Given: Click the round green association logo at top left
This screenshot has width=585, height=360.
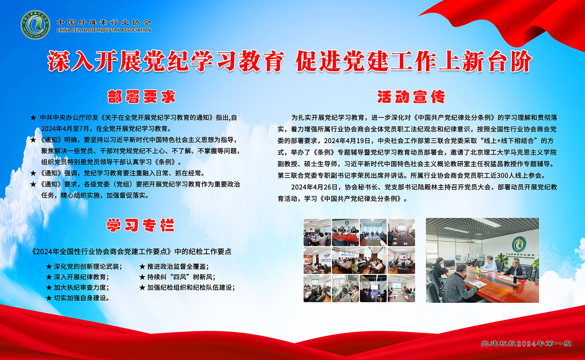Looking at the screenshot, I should (x=35, y=25).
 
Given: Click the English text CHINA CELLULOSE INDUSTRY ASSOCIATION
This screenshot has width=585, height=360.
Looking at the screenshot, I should (x=104, y=30).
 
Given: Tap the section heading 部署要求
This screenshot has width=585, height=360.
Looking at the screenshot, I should (x=141, y=97).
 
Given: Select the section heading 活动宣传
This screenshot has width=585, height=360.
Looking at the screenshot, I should (x=411, y=97).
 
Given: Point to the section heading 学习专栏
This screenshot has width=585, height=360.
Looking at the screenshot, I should (x=140, y=225).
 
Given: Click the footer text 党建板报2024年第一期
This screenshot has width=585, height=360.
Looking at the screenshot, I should (x=526, y=343).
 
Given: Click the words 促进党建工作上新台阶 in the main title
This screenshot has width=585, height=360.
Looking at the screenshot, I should (x=414, y=61).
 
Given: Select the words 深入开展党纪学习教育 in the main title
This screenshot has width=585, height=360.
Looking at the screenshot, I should (x=165, y=61).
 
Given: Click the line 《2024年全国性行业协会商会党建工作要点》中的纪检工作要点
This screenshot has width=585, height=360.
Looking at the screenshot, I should (x=131, y=252).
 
